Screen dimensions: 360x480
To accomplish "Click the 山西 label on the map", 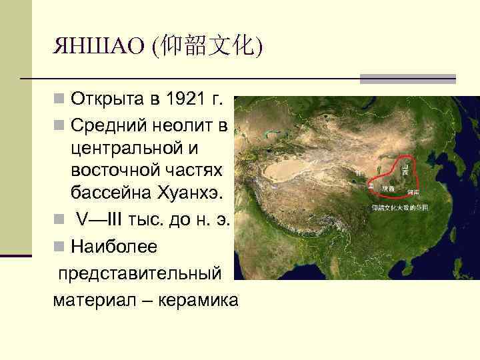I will [404, 171].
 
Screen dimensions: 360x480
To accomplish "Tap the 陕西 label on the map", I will [388, 189].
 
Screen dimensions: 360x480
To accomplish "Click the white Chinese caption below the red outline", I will [400, 208].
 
